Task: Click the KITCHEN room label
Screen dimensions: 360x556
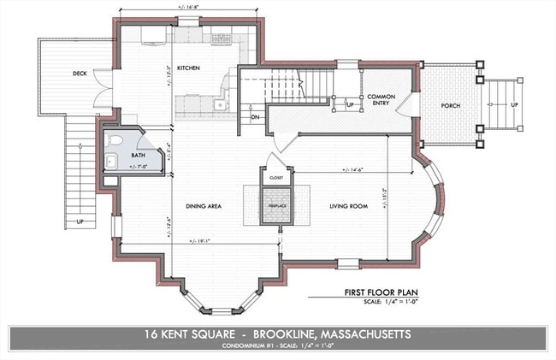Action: (x=187, y=68)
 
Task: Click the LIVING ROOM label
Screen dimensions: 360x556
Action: (x=349, y=206)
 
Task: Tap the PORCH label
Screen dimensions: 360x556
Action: (x=451, y=106)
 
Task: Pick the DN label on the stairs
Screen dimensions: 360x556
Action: (x=255, y=115)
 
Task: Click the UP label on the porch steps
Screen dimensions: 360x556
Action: (x=514, y=105)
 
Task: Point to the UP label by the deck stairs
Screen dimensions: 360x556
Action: (x=80, y=221)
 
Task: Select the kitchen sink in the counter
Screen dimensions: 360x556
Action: (x=220, y=105)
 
